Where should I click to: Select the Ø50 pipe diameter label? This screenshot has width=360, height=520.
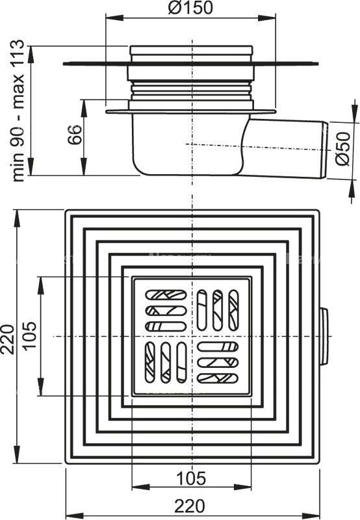click(x=346, y=151)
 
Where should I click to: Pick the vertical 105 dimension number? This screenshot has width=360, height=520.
click(x=31, y=336)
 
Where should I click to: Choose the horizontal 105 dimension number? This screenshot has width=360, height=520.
click(x=191, y=479)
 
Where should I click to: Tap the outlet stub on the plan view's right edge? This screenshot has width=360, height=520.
click(x=324, y=336)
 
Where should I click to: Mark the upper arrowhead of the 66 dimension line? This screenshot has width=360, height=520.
click(x=83, y=103)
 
